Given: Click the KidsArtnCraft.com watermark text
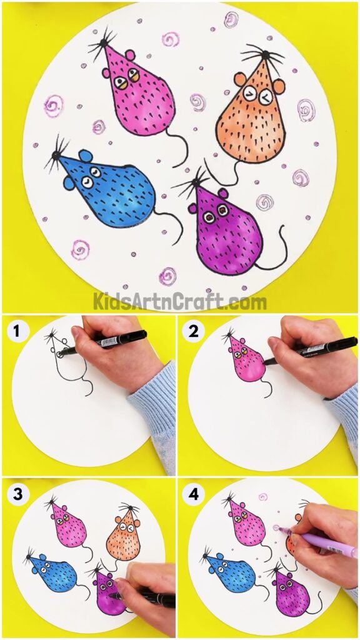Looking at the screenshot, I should pyautogui.click(x=180, y=302).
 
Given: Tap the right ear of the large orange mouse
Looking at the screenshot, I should pyautogui.click(x=279, y=86).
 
